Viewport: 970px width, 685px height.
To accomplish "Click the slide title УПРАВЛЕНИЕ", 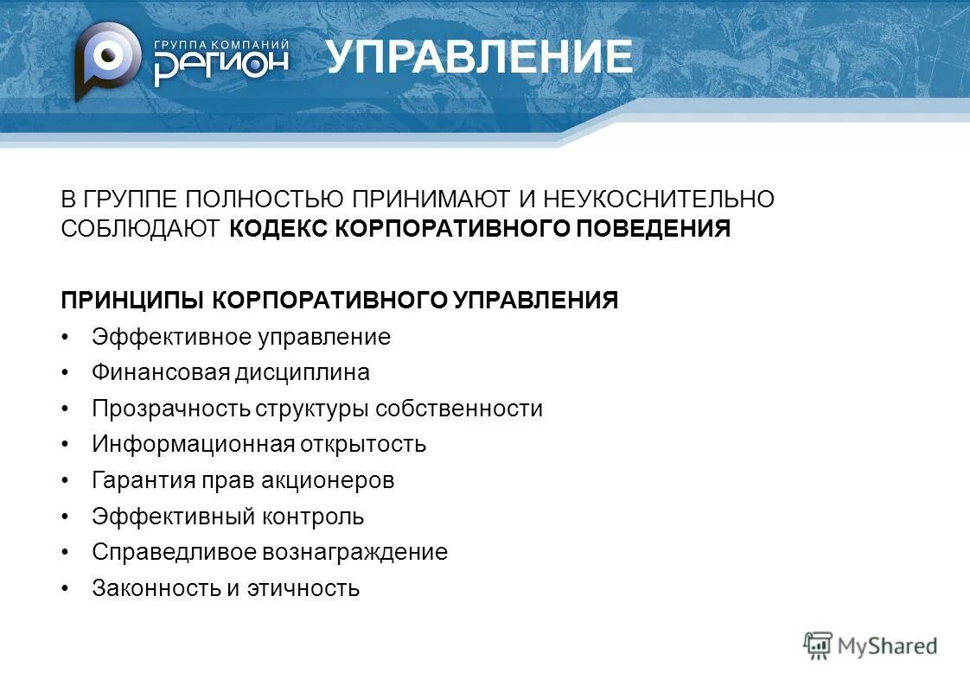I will pyautogui.click(x=479, y=58).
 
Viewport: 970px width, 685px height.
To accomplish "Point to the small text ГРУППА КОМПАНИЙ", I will pyautogui.click(x=221, y=44).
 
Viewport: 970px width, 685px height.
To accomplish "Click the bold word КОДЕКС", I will pyautogui.click(x=278, y=229).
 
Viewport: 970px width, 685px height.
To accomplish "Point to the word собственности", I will pyautogui.click(x=472, y=409).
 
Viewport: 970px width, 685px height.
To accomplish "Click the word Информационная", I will pyautogui.click(x=192, y=444).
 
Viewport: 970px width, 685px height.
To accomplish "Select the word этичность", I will pyautogui.click(x=303, y=588).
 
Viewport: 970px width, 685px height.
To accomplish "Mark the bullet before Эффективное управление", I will pyautogui.click(x=66, y=337).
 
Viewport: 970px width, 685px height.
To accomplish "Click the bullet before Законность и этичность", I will pyautogui.click(x=66, y=588).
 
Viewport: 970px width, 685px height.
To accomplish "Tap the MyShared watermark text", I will pyautogui.click(x=887, y=645).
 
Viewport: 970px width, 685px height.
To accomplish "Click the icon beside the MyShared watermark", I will pyautogui.click(x=817, y=644).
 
